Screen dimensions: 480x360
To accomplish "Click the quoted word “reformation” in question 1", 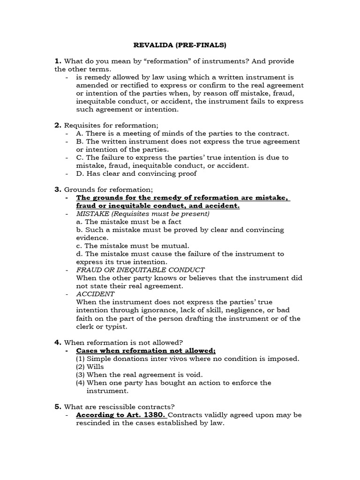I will tap(154, 61).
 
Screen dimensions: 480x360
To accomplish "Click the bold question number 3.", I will tap(58, 189).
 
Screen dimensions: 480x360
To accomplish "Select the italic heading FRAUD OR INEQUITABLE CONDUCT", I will tap(140, 270).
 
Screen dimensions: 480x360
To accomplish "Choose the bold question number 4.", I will tap(58, 343).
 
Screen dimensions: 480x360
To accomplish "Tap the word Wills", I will tap(96, 367).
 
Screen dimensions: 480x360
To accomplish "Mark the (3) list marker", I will tap(81, 375).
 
